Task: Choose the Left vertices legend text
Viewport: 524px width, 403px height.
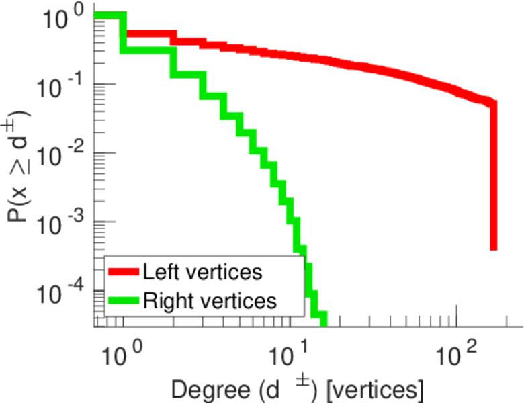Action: click(202, 272)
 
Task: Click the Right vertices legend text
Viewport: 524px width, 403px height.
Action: click(209, 300)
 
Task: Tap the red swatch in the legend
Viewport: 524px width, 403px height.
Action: click(124, 272)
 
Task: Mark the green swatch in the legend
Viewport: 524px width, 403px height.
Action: click(124, 300)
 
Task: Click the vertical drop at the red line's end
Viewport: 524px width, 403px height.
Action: click(493, 175)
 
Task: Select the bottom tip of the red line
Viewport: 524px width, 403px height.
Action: click(493, 247)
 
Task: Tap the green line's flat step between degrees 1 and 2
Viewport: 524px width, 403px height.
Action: click(148, 50)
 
